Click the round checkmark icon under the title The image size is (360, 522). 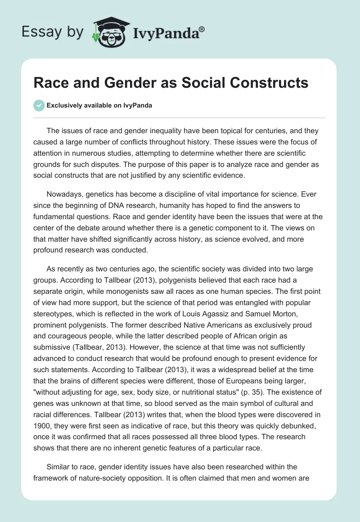click(39, 105)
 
